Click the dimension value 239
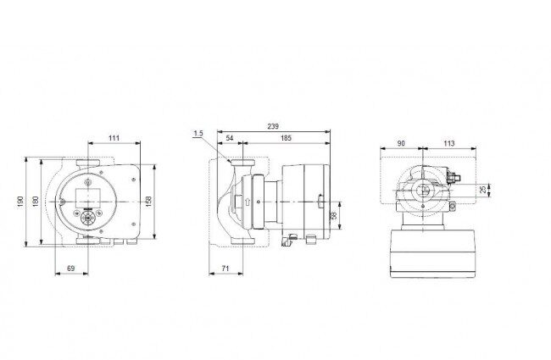pyautogui.click(x=273, y=126)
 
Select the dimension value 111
pyautogui.click(x=114, y=138)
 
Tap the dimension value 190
pyautogui.click(x=20, y=202)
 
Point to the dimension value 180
pyautogui.click(x=36, y=202)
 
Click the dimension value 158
pyautogui.click(x=148, y=202)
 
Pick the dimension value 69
pyautogui.click(x=71, y=269)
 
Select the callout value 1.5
pyautogui.click(x=198, y=134)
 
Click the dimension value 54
pyautogui.click(x=230, y=138)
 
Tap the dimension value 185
pyautogui.click(x=286, y=138)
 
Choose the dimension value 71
pyautogui.click(x=225, y=269)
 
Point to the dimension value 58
pyautogui.click(x=334, y=215)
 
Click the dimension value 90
pyautogui.click(x=401, y=143)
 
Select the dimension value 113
pyautogui.click(x=449, y=143)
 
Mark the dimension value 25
pyautogui.click(x=483, y=190)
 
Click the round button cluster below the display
pyautogui.click(x=87, y=218)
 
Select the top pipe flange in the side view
pyautogui.click(x=242, y=163)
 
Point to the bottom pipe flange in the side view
pyautogui.click(x=242, y=241)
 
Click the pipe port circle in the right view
pyautogui.click(x=423, y=191)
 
